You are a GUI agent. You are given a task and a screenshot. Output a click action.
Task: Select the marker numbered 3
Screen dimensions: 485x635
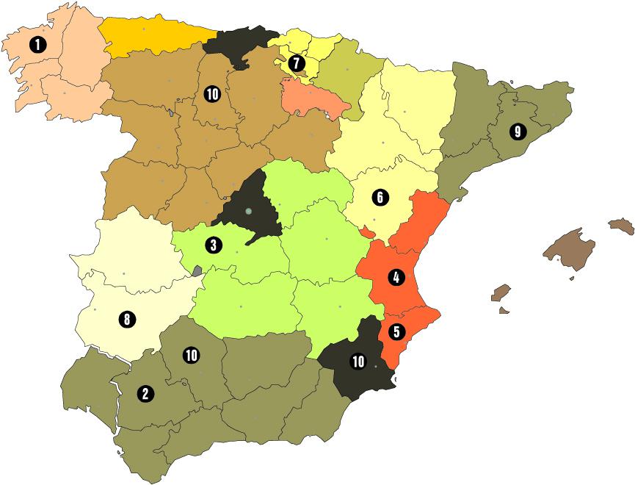[x=212, y=245]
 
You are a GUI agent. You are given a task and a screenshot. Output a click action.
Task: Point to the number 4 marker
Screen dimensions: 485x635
[x=396, y=278]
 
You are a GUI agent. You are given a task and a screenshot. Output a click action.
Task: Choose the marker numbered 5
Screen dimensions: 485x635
[x=396, y=331]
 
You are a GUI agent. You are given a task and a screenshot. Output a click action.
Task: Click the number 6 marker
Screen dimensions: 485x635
[x=380, y=197]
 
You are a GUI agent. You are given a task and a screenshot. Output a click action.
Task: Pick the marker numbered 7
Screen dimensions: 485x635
[x=295, y=63]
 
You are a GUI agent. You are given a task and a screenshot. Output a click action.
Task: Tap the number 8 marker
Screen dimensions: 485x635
[x=126, y=320]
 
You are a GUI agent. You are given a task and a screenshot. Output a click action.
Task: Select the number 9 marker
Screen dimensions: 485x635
[x=518, y=132]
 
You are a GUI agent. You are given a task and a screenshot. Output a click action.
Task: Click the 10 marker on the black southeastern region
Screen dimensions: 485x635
[x=359, y=362]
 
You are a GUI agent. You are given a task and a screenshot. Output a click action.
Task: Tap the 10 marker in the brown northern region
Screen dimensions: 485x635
[x=212, y=93]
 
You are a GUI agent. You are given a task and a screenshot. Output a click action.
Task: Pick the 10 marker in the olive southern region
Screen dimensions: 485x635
[x=192, y=356]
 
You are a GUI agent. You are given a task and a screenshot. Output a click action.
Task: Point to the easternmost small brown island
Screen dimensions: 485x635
[x=622, y=226]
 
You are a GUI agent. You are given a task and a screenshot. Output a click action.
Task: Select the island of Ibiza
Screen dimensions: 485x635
[x=501, y=293]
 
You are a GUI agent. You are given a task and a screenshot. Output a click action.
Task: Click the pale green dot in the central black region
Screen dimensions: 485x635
[x=249, y=212]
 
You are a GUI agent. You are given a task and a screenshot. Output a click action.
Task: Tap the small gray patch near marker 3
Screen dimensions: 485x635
[x=197, y=270]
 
